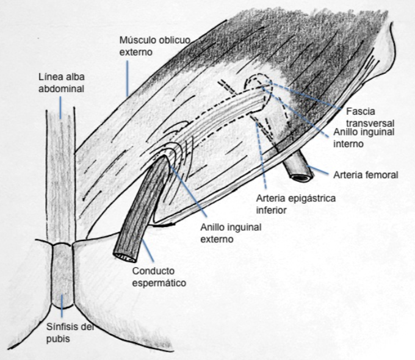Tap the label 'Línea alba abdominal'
pyautogui.click(x=60, y=84)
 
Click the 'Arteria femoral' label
pyautogui.click(x=366, y=175)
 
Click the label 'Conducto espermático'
pyautogui.click(x=157, y=276)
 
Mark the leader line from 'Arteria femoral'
pyautogui.click(x=319, y=170)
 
